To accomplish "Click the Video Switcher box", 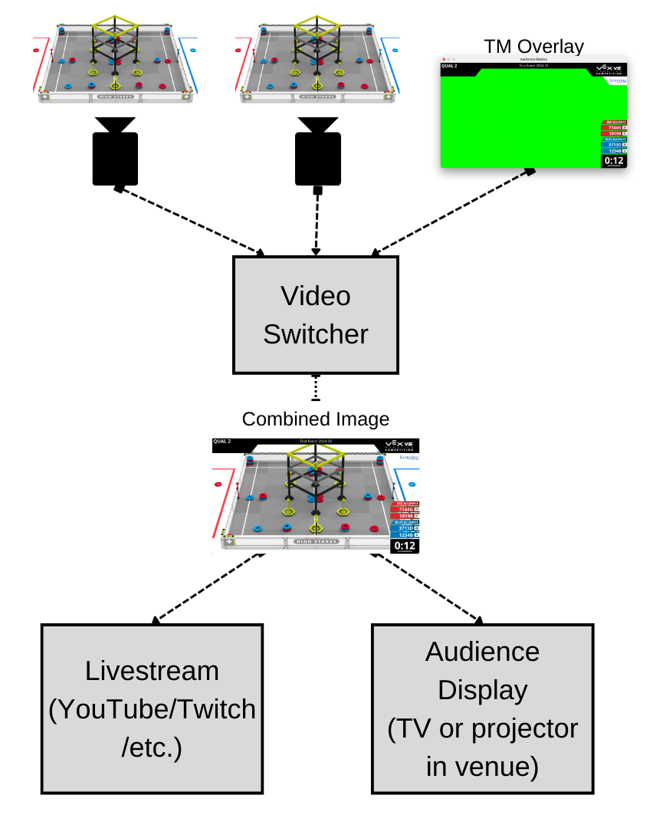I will click(x=316, y=315).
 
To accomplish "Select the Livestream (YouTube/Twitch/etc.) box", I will click(x=152, y=709).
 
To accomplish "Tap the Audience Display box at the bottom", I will click(x=482, y=709).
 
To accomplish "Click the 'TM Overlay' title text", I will click(x=533, y=46).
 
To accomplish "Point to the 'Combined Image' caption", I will click(x=316, y=419).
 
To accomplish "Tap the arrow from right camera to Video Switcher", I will click(x=316, y=222).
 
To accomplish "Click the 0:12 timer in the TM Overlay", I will click(x=614, y=161).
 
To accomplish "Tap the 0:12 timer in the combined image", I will click(x=405, y=546).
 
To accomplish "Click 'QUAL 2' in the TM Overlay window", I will click(x=450, y=66).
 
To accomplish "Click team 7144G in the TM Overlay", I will click(x=613, y=127).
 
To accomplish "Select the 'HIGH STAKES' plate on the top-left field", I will click(x=116, y=97).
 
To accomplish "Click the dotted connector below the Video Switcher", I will click(x=315, y=389).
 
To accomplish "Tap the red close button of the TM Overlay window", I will click(x=444, y=59).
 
